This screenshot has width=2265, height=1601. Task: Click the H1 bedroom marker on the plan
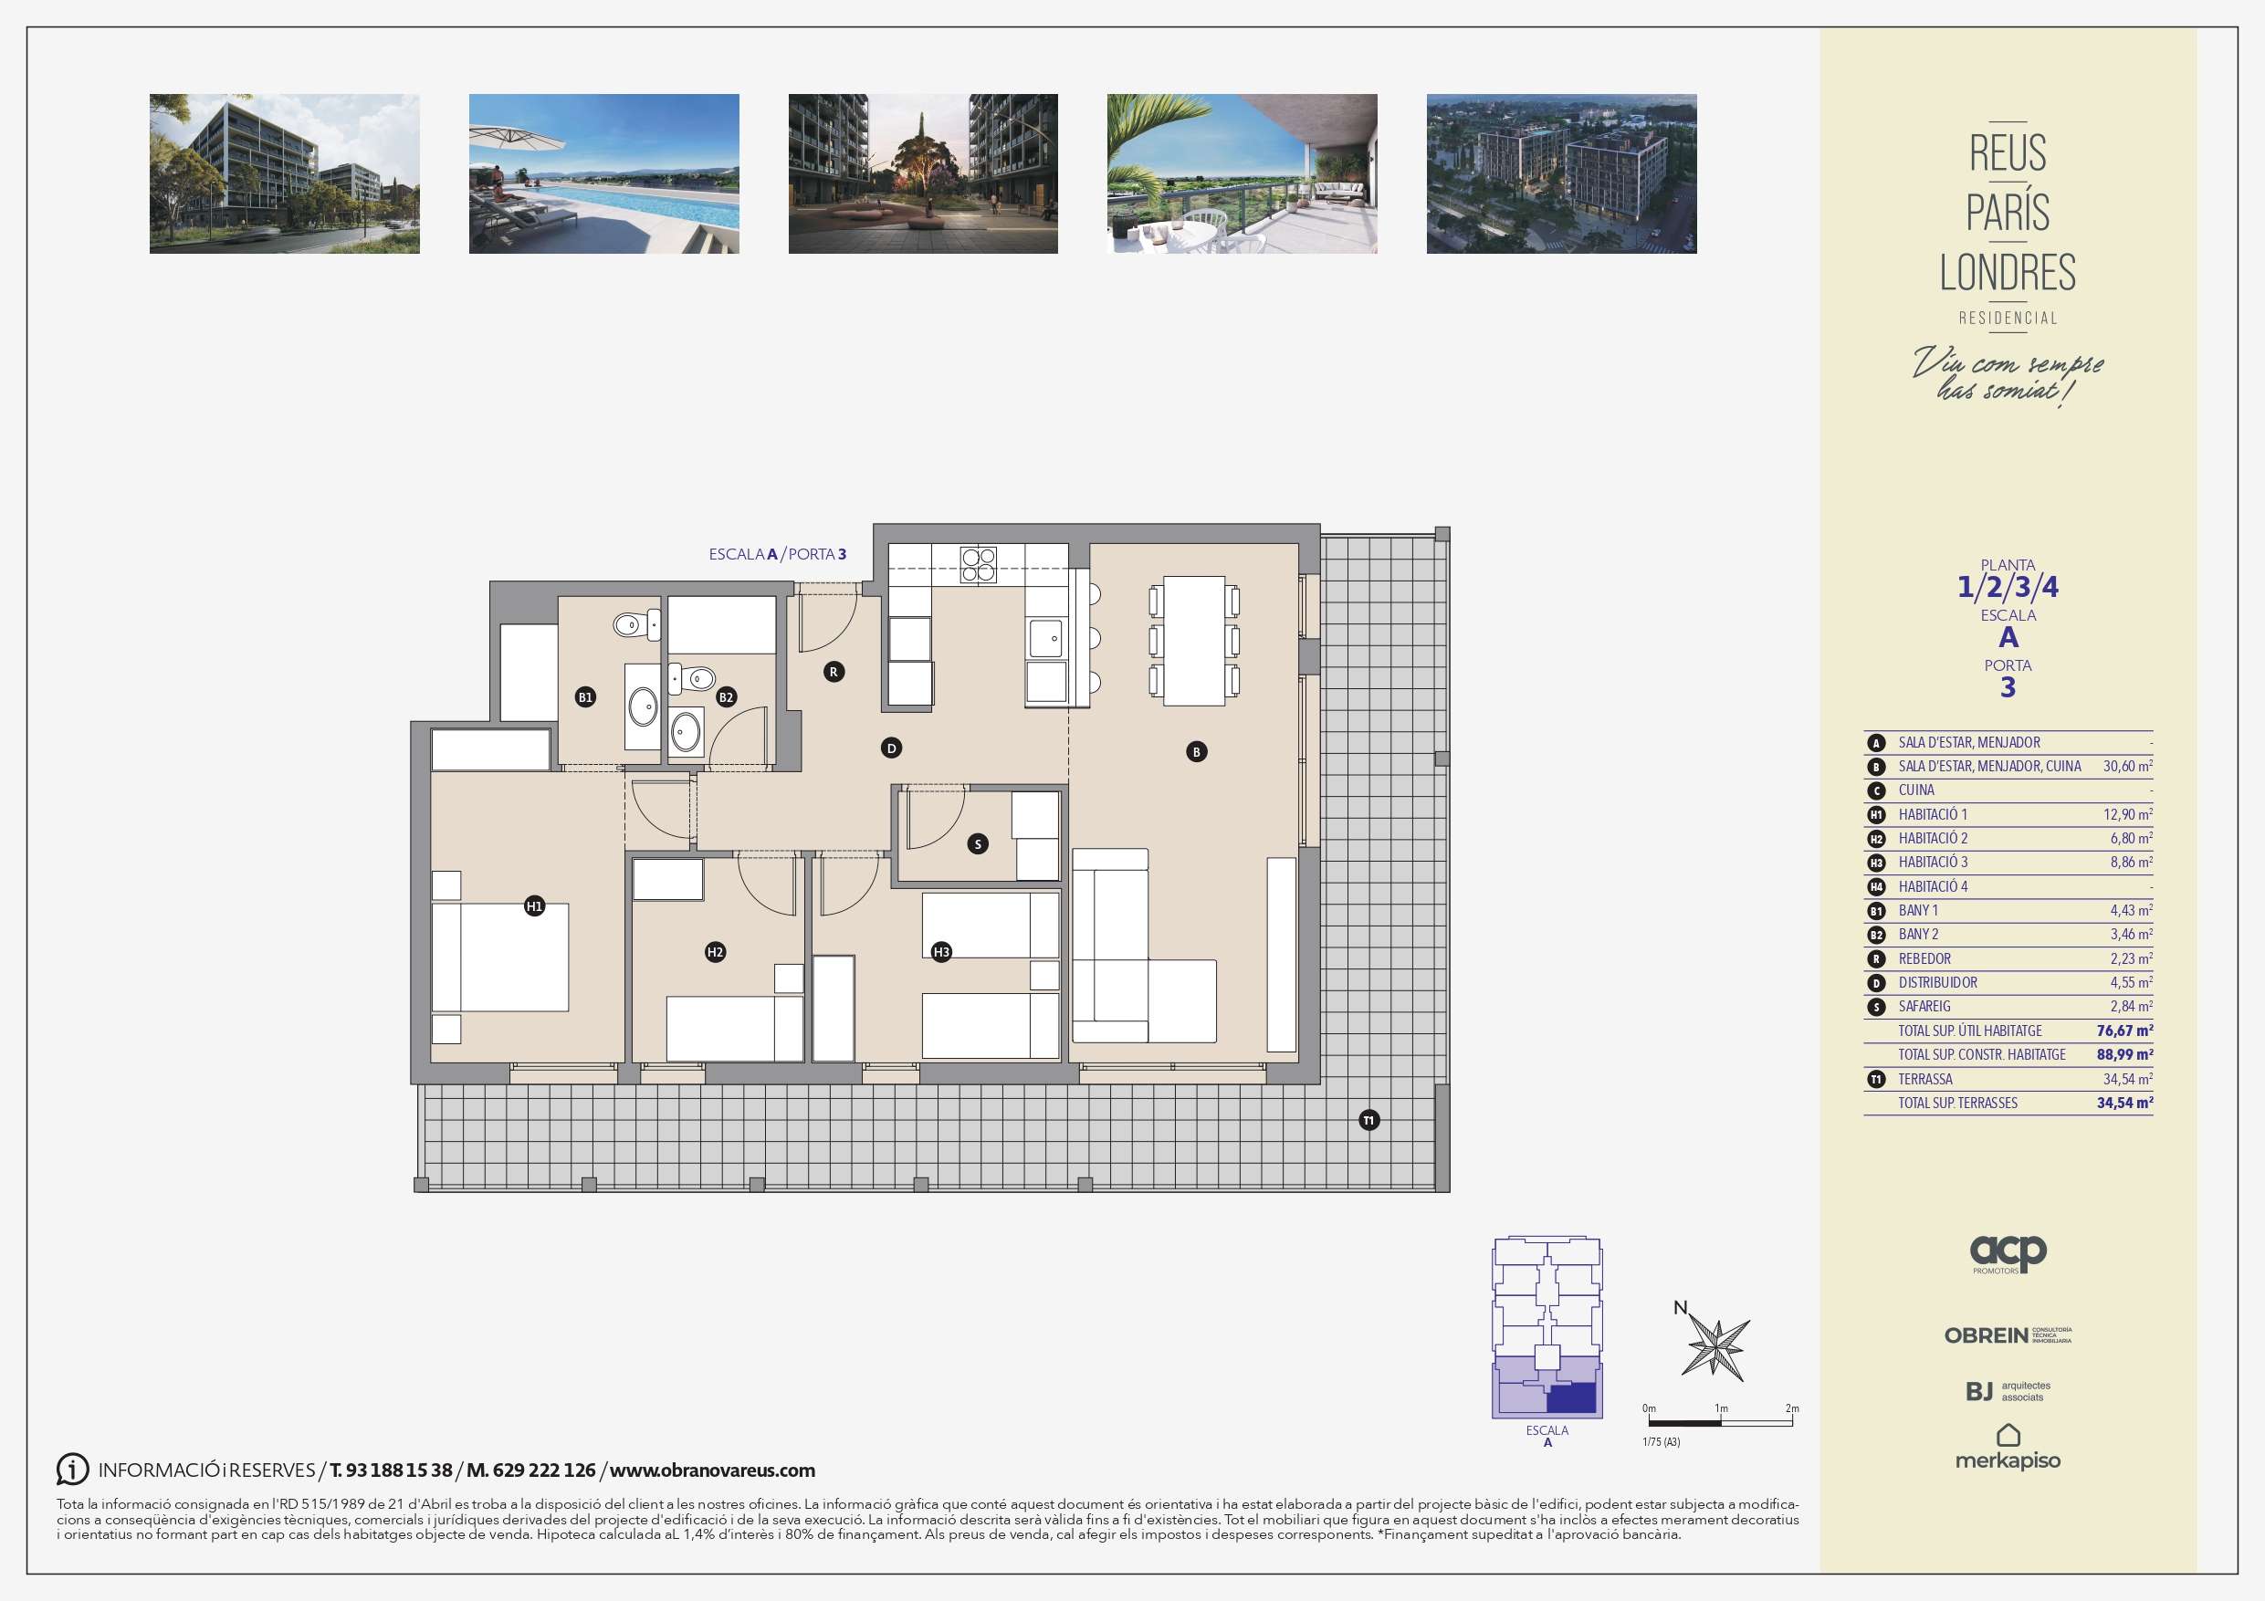535,905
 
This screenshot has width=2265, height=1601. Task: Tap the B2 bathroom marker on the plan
726,696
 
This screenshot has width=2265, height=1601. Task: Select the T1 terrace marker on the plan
1368,1120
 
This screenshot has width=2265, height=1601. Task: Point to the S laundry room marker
978,843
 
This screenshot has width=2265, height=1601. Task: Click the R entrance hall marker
834,672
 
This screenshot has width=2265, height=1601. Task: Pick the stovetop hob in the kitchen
979,564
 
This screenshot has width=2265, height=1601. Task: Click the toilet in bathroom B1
636,624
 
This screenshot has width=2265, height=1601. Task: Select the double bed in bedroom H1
500,957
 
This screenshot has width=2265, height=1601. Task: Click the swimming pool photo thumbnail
603,173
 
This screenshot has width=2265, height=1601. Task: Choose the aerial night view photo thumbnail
1562,173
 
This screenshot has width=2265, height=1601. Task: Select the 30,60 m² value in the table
2128,767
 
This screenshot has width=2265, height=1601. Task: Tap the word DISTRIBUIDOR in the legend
1937,982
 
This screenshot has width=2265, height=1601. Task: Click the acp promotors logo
2008,1254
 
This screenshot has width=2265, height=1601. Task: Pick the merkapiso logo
2008,1447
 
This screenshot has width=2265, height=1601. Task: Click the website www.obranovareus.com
712,1470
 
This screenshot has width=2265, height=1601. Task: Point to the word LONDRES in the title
2008,272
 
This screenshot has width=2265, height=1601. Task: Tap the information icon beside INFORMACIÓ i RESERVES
72,1469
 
